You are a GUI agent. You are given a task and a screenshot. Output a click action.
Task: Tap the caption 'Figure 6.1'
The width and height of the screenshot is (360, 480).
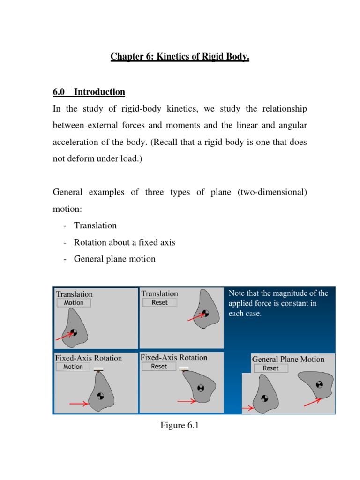[180, 425]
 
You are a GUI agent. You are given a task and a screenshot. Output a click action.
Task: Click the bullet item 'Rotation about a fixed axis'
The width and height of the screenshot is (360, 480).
[124, 242]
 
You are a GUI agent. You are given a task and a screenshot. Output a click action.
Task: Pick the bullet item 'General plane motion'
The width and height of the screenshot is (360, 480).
[114, 259]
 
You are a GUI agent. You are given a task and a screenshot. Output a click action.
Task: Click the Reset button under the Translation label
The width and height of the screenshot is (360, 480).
[160, 302]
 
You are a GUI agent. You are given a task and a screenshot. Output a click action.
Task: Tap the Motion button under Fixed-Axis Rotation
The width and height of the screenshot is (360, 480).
[73, 367]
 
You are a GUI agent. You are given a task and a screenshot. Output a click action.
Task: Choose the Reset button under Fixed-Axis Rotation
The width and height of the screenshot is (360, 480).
[159, 366]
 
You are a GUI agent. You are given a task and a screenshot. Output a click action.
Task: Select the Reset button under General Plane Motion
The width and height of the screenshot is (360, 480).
[270, 368]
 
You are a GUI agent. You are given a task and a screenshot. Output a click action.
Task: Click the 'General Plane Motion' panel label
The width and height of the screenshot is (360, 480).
[288, 360]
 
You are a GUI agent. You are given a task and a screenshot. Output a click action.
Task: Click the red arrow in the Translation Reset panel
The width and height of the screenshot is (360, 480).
[195, 317]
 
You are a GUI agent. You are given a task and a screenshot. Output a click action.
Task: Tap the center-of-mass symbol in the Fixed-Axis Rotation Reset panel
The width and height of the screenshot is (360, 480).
[201, 388]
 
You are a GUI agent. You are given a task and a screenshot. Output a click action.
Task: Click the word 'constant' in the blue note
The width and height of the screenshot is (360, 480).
[292, 303]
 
